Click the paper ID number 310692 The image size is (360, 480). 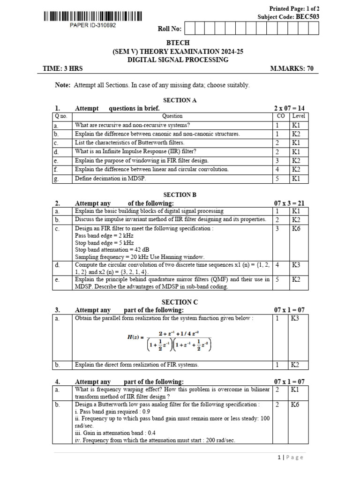pyautogui.click(x=92, y=25)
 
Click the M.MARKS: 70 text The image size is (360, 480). pyautogui.click(x=292, y=68)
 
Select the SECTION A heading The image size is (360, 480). pyautogui.click(x=180, y=100)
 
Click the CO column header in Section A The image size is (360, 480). pyautogui.click(x=280, y=116)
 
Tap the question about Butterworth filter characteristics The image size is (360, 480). pyautogui.click(x=130, y=142)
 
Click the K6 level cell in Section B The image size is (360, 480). pyautogui.click(x=296, y=229)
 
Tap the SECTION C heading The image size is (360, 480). pyautogui.click(x=180, y=302)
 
